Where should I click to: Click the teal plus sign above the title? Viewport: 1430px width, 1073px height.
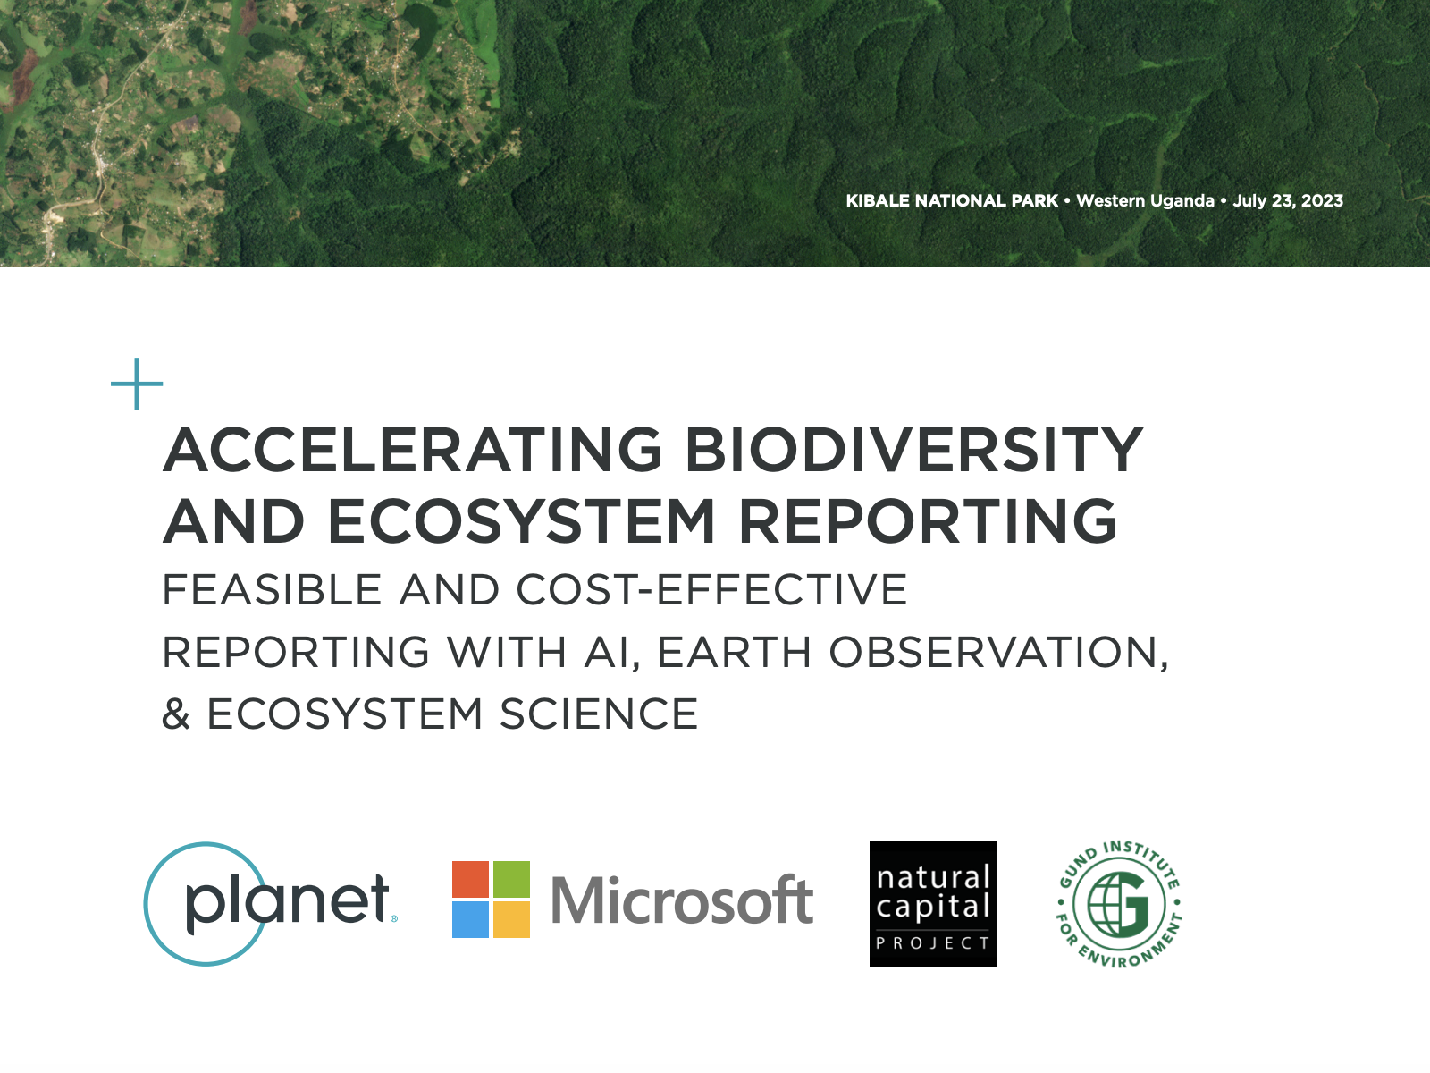(x=137, y=384)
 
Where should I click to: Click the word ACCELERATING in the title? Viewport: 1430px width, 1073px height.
(x=413, y=450)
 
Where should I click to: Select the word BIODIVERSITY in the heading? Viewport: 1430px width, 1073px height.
(x=914, y=450)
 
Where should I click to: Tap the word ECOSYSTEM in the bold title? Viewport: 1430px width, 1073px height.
(x=521, y=520)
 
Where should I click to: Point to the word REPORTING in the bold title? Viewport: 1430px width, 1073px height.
(x=929, y=520)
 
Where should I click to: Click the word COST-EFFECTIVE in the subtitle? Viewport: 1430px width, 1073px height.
(x=711, y=589)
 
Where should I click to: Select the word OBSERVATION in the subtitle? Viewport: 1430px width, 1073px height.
(x=998, y=652)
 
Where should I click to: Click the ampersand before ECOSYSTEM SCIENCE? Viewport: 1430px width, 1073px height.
(x=176, y=714)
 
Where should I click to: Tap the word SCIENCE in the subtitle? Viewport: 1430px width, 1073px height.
(x=599, y=714)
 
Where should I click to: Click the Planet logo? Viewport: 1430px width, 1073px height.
(x=271, y=904)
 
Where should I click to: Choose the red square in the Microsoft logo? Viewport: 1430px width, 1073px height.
(x=470, y=880)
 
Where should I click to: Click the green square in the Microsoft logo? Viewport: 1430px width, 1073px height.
(x=511, y=880)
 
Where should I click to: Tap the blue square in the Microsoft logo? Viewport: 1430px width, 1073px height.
(x=470, y=919)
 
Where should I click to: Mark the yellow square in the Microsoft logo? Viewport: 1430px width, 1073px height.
(x=511, y=919)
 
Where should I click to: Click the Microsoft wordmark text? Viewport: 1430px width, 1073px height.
(x=682, y=900)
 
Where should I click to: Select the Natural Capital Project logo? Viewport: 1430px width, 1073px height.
(x=933, y=904)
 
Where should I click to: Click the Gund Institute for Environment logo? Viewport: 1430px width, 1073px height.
(x=1119, y=904)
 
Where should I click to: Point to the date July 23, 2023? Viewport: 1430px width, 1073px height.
(x=1288, y=200)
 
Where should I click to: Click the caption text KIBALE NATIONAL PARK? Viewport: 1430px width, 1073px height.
(x=952, y=200)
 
